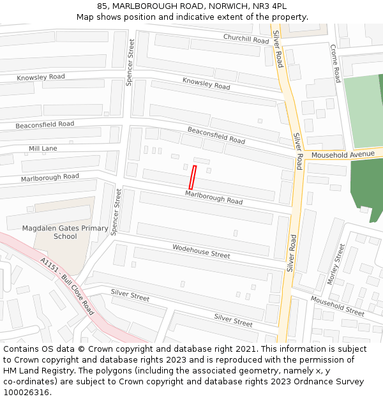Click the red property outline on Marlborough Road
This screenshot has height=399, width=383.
(192, 177)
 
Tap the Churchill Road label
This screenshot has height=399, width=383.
(246, 39)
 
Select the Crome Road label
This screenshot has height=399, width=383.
(335, 63)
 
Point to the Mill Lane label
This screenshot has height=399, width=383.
(43, 149)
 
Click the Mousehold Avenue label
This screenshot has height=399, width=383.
(343, 154)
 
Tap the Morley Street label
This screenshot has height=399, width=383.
(335, 264)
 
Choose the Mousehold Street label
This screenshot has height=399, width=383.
(337, 306)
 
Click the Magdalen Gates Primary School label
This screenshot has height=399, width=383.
(65, 232)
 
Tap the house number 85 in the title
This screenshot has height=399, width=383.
(102, 6)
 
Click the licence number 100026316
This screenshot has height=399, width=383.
(26, 393)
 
